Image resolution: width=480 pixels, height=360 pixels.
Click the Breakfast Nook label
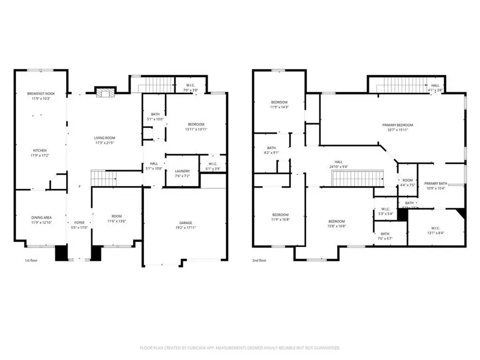(41, 94)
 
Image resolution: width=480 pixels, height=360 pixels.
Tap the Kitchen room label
(41, 150)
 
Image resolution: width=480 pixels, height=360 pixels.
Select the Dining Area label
(41, 217)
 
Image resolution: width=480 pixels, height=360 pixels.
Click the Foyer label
(79, 222)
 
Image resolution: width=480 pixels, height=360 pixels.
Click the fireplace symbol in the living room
(103, 93)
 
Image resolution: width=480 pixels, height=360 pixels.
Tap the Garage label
(185, 222)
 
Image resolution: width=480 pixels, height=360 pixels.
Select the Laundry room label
(182, 171)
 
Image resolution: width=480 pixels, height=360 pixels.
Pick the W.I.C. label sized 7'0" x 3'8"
(191, 90)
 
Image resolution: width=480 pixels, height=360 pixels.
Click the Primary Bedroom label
(398, 125)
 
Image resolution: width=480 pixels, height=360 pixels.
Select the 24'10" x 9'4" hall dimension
(338, 166)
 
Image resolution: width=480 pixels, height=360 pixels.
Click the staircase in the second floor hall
(351, 179)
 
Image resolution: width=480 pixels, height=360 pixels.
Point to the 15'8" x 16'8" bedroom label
(337, 221)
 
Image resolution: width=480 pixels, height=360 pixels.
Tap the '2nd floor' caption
(260, 260)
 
